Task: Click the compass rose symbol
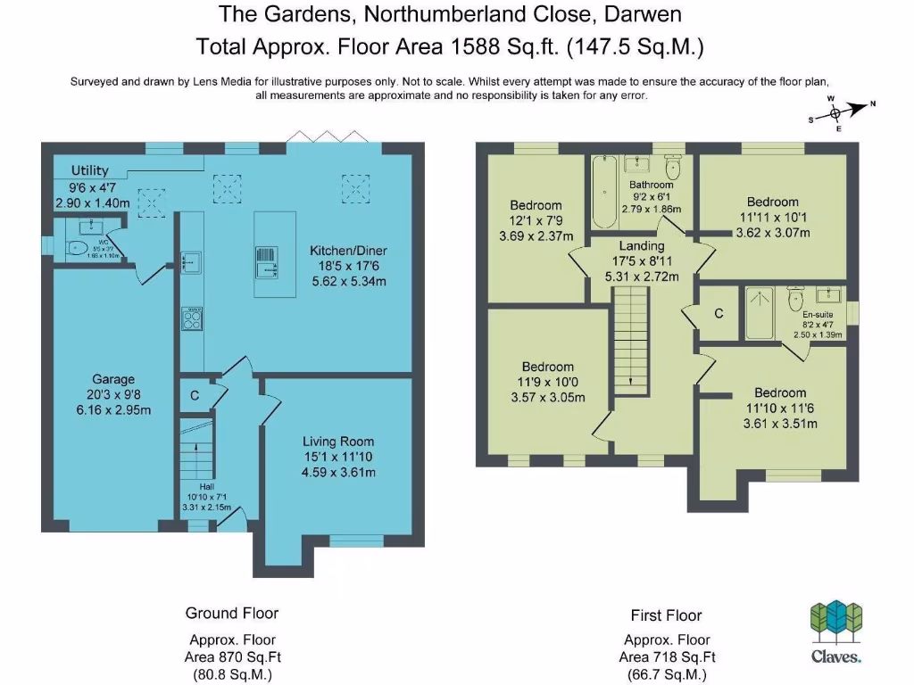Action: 836,113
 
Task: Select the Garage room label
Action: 113,379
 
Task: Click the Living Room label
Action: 338,442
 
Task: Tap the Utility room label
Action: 88,170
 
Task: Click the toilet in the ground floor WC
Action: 78,247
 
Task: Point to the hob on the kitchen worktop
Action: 191,318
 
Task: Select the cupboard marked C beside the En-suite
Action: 719,314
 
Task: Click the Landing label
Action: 642,246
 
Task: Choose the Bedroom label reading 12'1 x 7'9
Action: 536,206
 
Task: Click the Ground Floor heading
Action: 232,613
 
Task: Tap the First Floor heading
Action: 666,615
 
